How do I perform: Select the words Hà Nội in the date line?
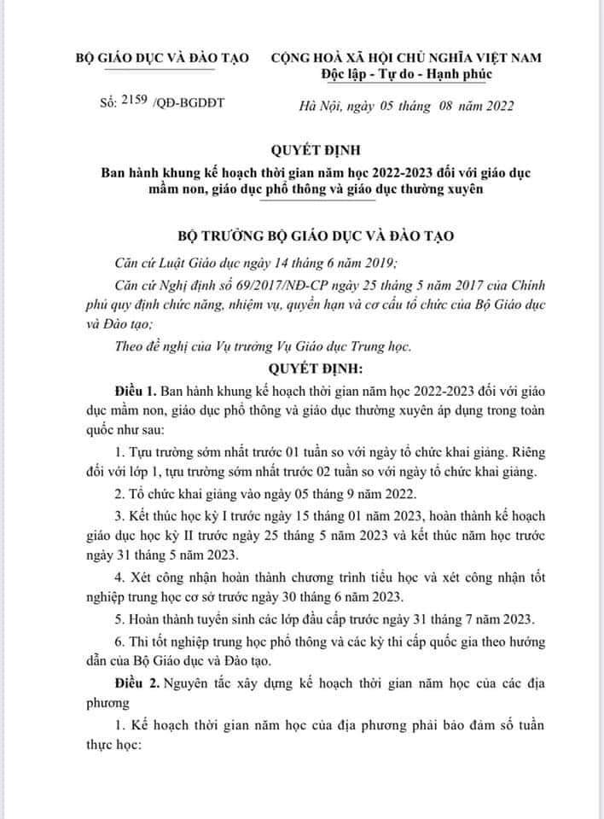[x=308, y=107]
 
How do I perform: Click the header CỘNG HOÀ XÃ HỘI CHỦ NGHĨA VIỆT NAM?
[x=405, y=57]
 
